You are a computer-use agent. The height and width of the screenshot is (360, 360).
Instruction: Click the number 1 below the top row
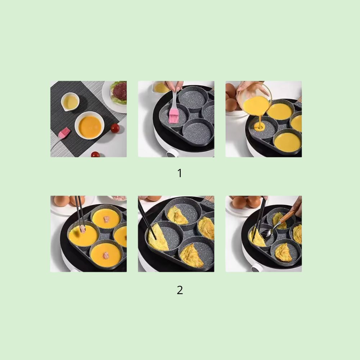click(x=180, y=174)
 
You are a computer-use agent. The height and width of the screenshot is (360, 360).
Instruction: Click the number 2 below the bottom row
click(x=180, y=290)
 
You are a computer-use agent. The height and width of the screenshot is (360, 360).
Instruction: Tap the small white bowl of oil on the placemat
click(x=70, y=102)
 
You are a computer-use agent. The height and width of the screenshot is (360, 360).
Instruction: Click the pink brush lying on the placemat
click(x=64, y=133)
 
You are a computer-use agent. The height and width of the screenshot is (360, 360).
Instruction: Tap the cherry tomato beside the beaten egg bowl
click(x=115, y=128)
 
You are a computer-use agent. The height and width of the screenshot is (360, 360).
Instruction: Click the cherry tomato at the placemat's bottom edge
click(x=95, y=154)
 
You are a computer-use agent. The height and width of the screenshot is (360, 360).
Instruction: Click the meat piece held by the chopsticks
click(x=82, y=229)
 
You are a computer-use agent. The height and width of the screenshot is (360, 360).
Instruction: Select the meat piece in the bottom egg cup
click(x=106, y=256)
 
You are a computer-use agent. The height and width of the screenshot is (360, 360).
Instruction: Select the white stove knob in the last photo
click(x=257, y=268)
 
